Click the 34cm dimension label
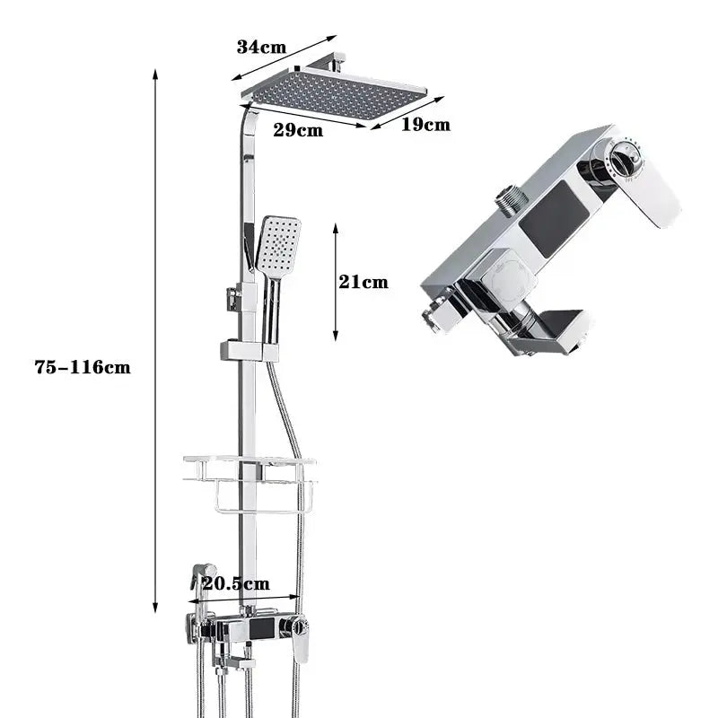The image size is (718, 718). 261,48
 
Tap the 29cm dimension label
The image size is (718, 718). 298,130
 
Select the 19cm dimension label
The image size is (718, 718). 425,125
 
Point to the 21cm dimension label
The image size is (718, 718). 363,282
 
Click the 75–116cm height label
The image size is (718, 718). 83,367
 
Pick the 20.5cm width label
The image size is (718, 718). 236,583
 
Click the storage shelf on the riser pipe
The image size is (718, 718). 250,484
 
